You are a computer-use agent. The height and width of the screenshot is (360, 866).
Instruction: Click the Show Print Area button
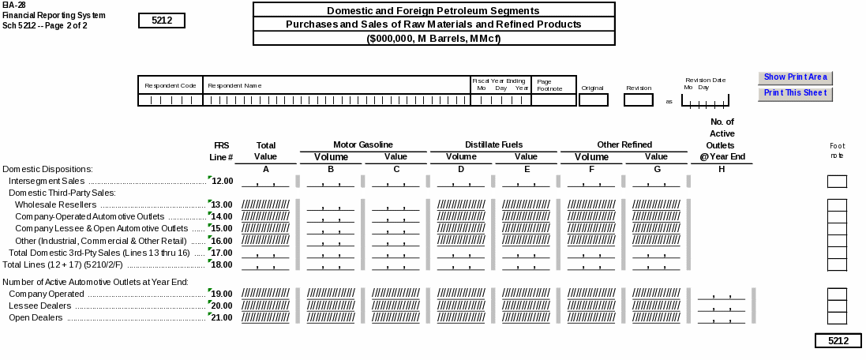(x=795, y=77)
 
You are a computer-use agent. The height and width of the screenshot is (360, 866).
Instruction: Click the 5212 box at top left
(x=161, y=21)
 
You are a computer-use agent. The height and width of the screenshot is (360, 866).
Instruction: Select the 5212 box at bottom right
(x=838, y=341)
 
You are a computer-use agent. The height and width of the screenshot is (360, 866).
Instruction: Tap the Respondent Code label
(x=170, y=85)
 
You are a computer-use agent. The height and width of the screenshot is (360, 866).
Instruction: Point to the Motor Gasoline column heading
(x=362, y=144)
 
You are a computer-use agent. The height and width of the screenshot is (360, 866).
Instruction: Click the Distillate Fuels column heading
(x=493, y=144)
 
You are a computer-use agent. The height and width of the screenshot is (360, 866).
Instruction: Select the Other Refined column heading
(x=624, y=144)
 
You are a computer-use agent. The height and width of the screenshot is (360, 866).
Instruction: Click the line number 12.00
(x=222, y=182)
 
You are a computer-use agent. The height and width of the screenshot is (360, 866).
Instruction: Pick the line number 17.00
(x=222, y=253)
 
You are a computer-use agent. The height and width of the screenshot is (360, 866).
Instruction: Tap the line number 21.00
(x=222, y=318)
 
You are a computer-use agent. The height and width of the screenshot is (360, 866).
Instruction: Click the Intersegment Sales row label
(x=46, y=182)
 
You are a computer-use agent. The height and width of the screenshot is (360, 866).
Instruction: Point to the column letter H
(x=722, y=169)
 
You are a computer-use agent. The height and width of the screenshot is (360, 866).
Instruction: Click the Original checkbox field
(x=593, y=100)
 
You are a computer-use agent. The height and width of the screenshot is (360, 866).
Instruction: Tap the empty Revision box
(x=638, y=100)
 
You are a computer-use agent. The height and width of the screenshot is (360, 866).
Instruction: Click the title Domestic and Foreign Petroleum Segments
(x=433, y=11)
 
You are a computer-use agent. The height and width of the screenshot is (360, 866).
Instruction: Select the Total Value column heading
(x=266, y=151)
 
